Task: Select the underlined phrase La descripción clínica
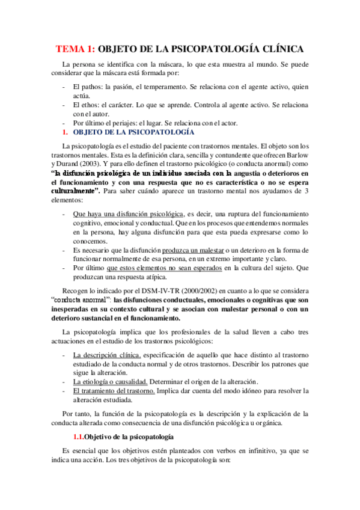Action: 106,354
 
